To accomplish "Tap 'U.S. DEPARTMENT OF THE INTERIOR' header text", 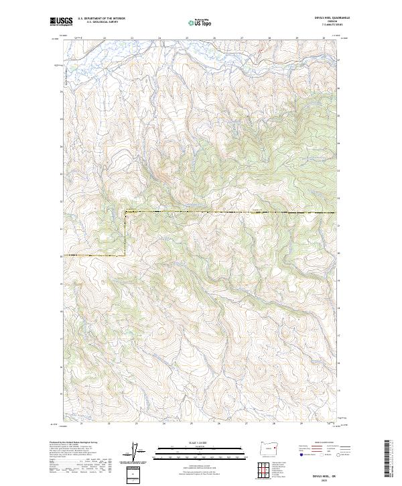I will click(101, 19).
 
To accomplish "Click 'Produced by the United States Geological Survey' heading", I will click(74, 442).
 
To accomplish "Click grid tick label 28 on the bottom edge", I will click(273, 424).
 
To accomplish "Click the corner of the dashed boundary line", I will click(126, 212).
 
